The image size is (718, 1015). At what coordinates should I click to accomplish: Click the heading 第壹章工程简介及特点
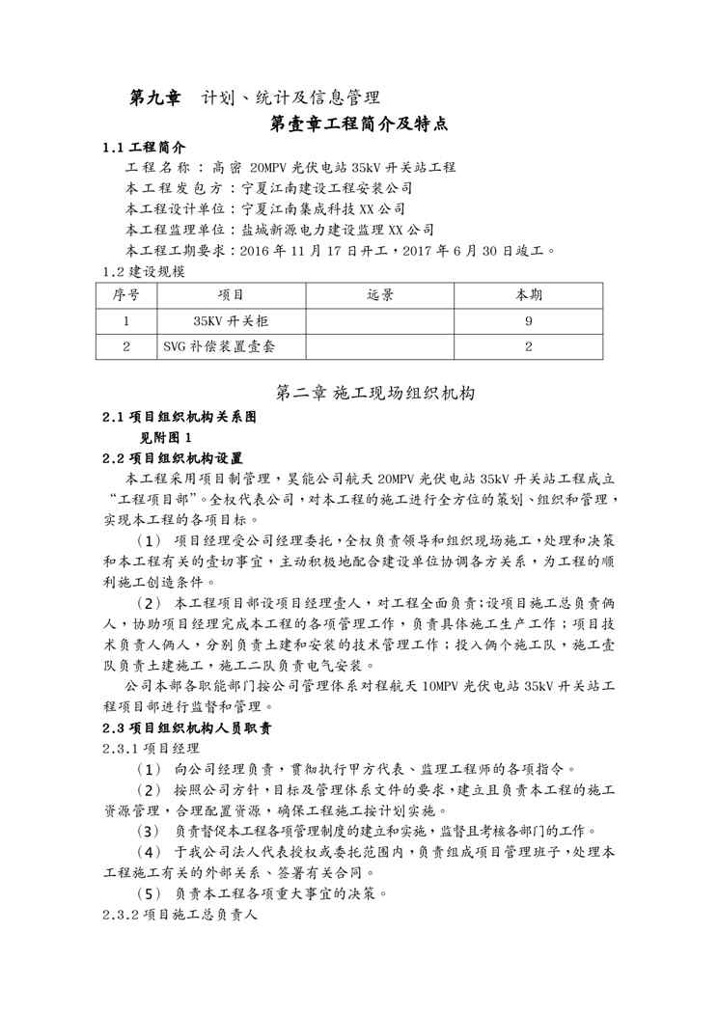click(x=359, y=124)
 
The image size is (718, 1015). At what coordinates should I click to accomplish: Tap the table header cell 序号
click(x=125, y=294)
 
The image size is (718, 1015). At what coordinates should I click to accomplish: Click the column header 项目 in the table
click(x=231, y=294)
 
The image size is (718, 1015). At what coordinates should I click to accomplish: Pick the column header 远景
click(x=380, y=294)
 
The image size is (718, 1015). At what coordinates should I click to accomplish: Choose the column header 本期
click(x=528, y=294)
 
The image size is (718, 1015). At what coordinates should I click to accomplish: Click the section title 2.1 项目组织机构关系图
click(x=179, y=418)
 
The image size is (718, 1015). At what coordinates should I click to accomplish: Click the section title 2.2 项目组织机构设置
click(x=173, y=457)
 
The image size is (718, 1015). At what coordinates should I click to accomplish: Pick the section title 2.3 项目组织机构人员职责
click(x=187, y=727)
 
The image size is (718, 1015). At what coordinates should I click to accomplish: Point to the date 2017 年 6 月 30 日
click(x=469, y=249)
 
